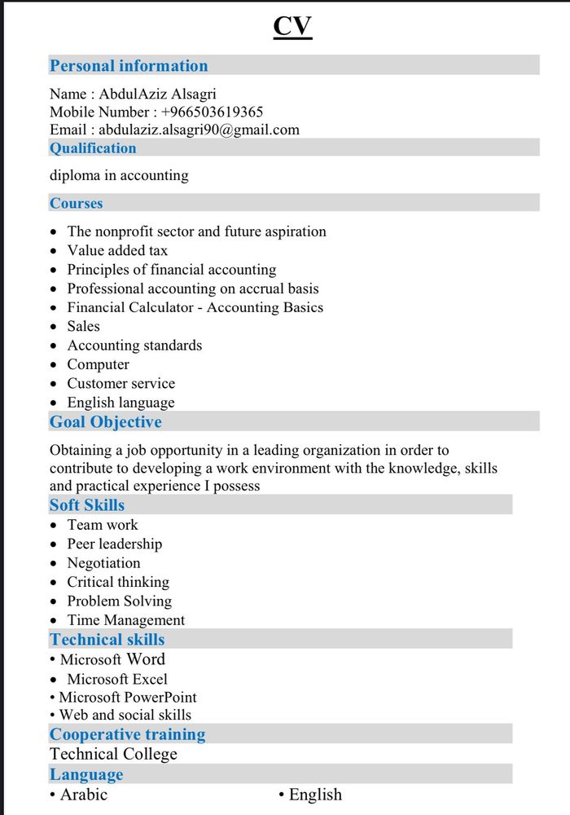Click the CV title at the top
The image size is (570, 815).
click(x=292, y=26)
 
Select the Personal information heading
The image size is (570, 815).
click(x=129, y=66)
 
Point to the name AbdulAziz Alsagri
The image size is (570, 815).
click(x=158, y=94)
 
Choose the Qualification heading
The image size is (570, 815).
click(x=93, y=148)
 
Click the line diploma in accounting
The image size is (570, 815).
click(x=119, y=175)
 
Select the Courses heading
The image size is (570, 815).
click(x=76, y=203)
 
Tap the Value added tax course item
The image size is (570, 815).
click(x=117, y=250)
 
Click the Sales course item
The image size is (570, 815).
click(x=83, y=326)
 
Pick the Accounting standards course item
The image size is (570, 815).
click(x=134, y=346)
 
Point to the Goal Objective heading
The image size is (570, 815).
click(x=106, y=422)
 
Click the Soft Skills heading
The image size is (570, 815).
click(x=87, y=505)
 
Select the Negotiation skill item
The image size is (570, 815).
click(x=103, y=563)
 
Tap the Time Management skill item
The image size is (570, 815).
click(x=125, y=620)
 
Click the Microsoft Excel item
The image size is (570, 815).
click(x=117, y=679)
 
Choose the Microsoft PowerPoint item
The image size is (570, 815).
click(x=128, y=698)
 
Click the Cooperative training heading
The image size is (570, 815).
click(x=127, y=734)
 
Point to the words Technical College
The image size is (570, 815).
click(x=113, y=754)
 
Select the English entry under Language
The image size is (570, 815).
click(x=315, y=795)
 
